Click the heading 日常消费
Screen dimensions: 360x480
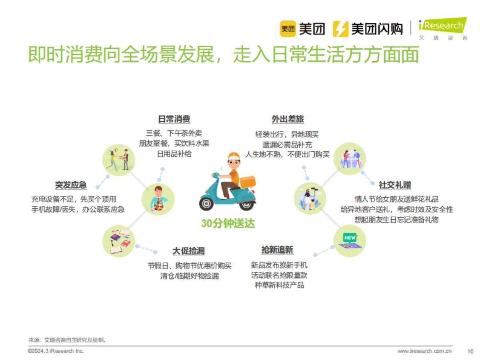coord(174,119)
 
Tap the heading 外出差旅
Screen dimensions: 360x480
coord(288,119)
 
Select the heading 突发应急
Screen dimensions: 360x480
coord(71,185)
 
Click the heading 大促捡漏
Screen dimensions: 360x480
coord(188,251)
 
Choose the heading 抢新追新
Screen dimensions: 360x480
coord(277,250)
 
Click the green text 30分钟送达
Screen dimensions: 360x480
coord(228,224)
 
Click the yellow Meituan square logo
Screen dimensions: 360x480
coord(288,29)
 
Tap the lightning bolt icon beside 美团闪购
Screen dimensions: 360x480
coord(340,29)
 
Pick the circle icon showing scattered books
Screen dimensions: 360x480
coord(119,241)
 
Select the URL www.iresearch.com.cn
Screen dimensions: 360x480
coord(424,351)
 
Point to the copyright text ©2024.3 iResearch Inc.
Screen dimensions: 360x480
coord(56,351)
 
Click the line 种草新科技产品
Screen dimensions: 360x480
coord(279,285)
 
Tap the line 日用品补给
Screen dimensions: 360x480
coord(174,154)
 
